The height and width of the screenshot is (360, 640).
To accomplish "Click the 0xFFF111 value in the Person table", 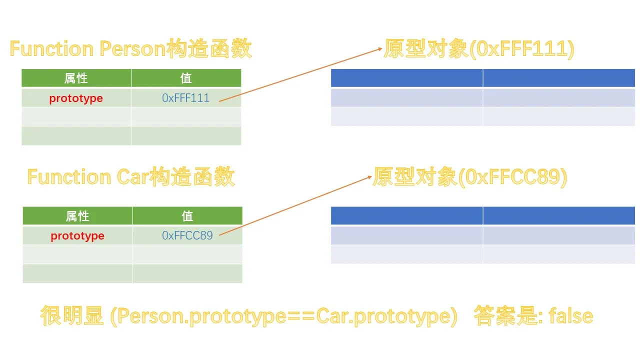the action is click(x=185, y=98).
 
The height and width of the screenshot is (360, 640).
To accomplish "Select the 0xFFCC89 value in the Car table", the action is click(x=187, y=235).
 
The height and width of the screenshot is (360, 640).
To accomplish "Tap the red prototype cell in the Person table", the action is click(x=76, y=98).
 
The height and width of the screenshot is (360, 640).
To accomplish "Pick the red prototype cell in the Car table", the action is click(x=77, y=236).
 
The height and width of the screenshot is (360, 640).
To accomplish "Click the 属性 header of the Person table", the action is click(x=76, y=78).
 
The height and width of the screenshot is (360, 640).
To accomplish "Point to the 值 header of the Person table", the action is click(x=186, y=78).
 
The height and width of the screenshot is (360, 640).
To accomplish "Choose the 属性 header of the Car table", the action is click(x=77, y=216).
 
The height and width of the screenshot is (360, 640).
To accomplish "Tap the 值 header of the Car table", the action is click(x=187, y=216).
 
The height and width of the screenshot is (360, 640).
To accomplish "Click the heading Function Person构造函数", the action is click(x=130, y=49).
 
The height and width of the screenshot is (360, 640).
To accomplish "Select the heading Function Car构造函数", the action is click(x=130, y=177).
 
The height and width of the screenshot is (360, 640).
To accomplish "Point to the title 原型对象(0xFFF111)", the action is click(x=479, y=49).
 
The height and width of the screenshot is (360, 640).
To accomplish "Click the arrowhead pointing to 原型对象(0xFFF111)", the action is click(x=379, y=49).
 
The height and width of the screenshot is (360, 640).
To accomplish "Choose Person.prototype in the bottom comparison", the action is click(x=204, y=316).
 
